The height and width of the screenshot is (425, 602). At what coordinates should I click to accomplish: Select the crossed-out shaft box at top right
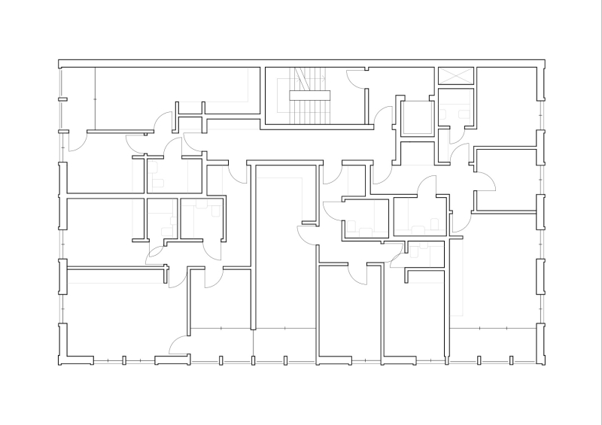pos(456,75)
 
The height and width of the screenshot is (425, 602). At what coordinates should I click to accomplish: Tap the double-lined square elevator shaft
pos(415,117)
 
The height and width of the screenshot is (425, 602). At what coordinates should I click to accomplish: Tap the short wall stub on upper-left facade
pos(63,99)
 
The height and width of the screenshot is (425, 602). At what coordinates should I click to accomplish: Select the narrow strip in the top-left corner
pos(78,98)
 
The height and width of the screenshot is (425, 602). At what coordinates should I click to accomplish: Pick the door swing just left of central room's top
pos(239,174)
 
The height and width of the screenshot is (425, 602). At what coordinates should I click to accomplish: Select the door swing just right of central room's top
pos(332,174)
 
